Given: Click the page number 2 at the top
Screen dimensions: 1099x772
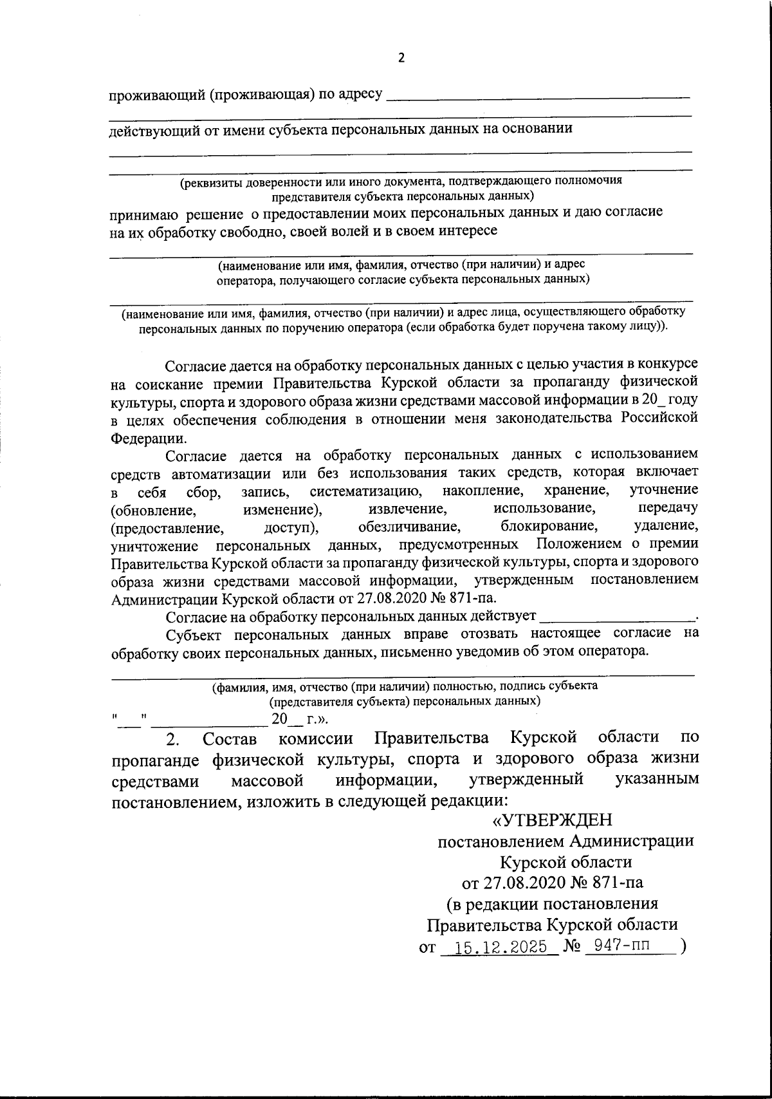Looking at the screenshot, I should coord(401,59).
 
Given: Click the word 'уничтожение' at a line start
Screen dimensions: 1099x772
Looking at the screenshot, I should coord(154,546).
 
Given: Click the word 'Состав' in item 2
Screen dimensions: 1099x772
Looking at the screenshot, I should coord(229,738).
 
